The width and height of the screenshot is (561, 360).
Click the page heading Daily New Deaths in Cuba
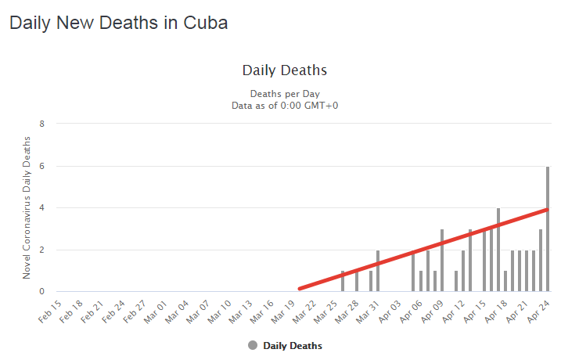click(x=118, y=23)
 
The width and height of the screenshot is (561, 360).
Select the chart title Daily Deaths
click(x=284, y=70)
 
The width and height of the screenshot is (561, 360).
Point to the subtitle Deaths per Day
click(x=284, y=94)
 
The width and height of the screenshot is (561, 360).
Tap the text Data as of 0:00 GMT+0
click(x=284, y=106)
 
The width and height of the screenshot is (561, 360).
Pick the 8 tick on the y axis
click(x=42, y=124)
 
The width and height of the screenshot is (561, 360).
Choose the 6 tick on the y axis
click(x=42, y=166)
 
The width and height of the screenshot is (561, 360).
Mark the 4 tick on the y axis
click(x=42, y=208)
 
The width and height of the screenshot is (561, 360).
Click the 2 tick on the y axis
click(x=42, y=250)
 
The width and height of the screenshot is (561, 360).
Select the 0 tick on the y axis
click(x=42, y=292)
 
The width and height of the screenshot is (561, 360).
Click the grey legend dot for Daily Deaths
click(x=252, y=345)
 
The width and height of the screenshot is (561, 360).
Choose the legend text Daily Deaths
click(x=293, y=345)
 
